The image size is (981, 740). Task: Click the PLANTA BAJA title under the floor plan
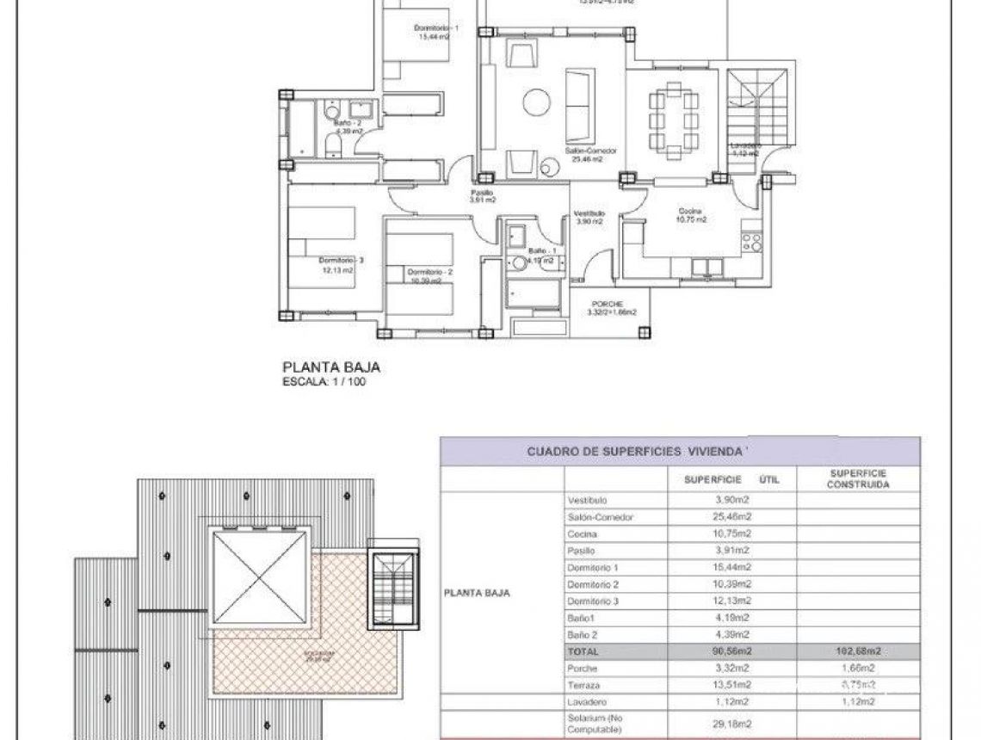(x=331, y=367)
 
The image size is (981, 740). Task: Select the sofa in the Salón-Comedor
(x=577, y=106)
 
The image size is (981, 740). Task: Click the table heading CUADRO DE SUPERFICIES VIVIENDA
(x=637, y=450)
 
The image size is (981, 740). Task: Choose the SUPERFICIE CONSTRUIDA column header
(x=857, y=478)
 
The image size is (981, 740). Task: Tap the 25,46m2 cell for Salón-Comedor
(x=732, y=517)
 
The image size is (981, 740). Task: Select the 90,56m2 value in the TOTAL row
(x=732, y=651)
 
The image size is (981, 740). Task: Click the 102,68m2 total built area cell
(x=857, y=651)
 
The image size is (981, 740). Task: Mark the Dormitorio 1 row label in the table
(x=594, y=567)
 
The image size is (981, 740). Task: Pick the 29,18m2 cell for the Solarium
(x=732, y=724)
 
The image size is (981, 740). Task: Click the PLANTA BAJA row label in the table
(x=478, y=592)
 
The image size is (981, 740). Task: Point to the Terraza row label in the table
(x=583, y=685)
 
